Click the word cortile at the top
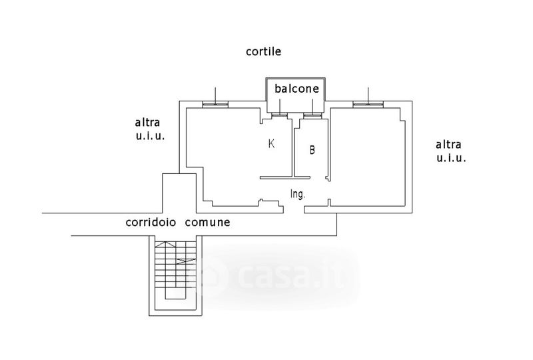tap(263, 51)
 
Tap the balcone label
tap(296, 89)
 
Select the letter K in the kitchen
tap(271, 143)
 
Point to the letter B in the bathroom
tap(312, 150)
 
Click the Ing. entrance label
tap(297, 194)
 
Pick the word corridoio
tap(151, 222)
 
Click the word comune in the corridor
tap(207, 223)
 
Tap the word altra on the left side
tap(147, 122)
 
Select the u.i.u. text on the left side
tap(151, 136)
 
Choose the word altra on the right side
tap(448, 145)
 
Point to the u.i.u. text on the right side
tap(451, 158)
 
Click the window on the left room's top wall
tap(215, 105)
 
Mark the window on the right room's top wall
tap(368, 105)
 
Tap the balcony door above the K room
tap(280, 115)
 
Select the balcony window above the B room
tap(312, 115)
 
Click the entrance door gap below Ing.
tap(294, 209)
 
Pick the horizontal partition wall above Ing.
tap(285, 177)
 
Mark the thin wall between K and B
tap(292, 147)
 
